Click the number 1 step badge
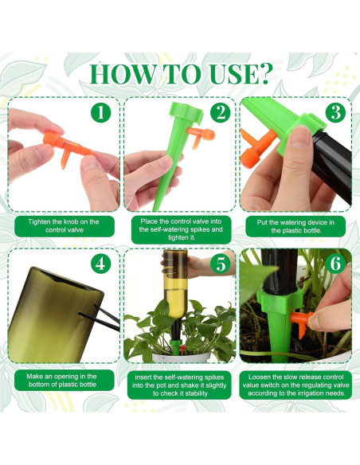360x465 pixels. coord(101,113)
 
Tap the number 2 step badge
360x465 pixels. coord(221,113)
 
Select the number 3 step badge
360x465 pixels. coord(335,113)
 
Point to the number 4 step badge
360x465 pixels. coord(101,264)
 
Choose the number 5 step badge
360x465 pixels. coord(221,264)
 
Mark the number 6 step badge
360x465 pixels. coord(335,264)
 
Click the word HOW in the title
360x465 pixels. coord(122,74)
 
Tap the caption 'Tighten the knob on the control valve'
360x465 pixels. coord(65,226)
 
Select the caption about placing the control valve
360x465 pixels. coord(181,229)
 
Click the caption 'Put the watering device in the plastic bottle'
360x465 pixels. coord(295,226)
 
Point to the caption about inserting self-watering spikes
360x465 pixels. coord(179,385)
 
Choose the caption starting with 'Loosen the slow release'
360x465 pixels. coord(295,385)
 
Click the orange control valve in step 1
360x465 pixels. coord(68,147)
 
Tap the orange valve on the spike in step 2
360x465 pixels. coord(201,136)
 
